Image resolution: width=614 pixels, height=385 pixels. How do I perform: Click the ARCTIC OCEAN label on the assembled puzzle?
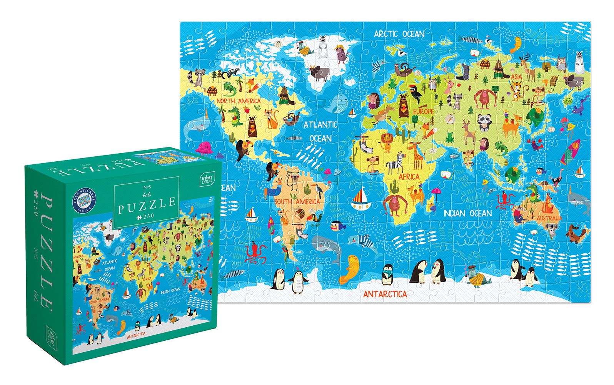(x=399, y=34)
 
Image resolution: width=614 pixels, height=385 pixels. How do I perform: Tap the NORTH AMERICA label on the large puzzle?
(x=238, y=101)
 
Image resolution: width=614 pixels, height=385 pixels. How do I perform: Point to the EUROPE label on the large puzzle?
(x=423, y=111)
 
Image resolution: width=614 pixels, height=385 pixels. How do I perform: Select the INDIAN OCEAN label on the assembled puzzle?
(x=467, y=213)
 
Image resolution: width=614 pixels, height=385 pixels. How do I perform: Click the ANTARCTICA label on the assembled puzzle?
(x=385, y=294)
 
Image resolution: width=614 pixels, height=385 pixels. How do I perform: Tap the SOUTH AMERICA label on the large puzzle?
(x=297, y=202)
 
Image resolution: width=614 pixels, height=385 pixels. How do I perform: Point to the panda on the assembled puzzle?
(x=484, y=123)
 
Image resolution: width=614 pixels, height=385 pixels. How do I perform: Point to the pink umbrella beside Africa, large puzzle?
(x=436, y=191)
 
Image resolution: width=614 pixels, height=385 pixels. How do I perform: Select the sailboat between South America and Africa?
(x=361, y=199)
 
